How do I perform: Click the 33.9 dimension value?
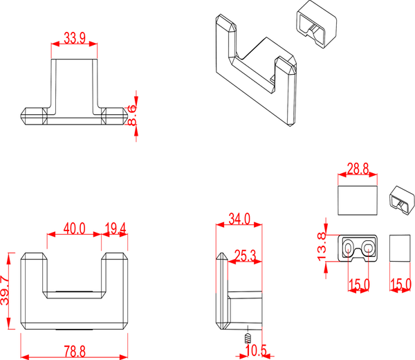74,39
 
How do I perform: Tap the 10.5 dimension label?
257,352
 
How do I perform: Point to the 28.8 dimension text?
358,168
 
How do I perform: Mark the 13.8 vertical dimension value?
321,247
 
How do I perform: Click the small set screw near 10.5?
246,338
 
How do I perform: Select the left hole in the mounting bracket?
347,247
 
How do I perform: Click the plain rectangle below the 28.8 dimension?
358,198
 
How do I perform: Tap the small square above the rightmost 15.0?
400,248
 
